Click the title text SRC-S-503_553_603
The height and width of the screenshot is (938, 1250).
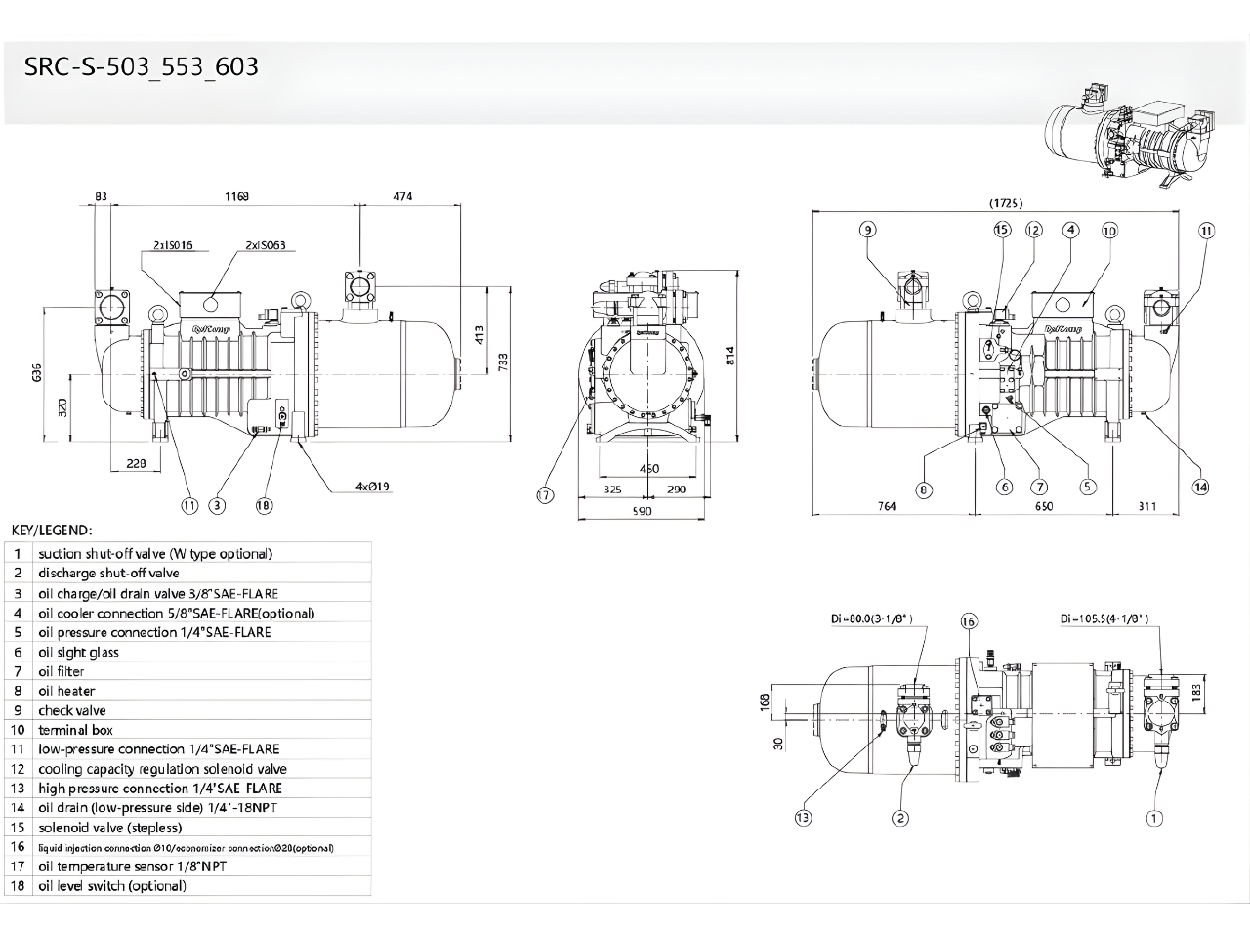coord(142,66)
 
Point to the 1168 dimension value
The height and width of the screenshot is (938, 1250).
coord(236,196)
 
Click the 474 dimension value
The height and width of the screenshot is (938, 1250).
coord(402,196)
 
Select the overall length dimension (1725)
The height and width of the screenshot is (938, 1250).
coord(1006,203)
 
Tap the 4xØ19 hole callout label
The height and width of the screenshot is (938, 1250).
coord(373,486)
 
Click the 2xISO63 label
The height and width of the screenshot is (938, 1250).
coord(266,246)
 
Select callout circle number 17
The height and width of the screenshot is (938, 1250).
coord(545,495)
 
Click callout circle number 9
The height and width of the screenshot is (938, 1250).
coord(867,230)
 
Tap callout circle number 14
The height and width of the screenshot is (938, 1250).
coord(1200,487)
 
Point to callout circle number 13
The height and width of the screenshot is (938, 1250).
coord(803,818)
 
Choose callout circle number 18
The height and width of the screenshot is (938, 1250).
coord(264,505)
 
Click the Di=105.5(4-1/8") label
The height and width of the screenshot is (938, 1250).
coord(1104,618)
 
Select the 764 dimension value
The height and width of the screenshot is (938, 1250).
coord(886,506)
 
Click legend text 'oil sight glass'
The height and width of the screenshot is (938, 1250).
coord(78,652)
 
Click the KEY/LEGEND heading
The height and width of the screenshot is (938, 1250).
coord(51,530)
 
